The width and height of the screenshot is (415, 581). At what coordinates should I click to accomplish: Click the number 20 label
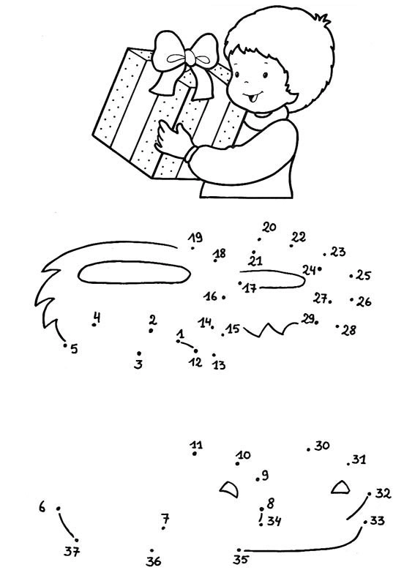click(269, 227)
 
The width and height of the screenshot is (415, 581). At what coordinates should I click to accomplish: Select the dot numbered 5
click(65, 345)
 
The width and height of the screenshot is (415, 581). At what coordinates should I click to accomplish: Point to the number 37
click(72, 551)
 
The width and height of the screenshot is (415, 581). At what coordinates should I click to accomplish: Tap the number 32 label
click(383, 493)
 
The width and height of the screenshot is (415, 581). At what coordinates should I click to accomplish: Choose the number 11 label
click(196, 444)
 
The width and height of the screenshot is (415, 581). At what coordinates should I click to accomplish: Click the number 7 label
click(165, 518)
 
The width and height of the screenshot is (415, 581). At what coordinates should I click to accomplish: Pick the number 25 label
click(363, 275)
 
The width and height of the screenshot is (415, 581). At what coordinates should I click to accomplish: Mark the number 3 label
click(138, 364)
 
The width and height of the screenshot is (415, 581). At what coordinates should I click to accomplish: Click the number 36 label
click(154, 561)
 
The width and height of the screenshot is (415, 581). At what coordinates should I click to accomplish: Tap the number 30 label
click(322, 445)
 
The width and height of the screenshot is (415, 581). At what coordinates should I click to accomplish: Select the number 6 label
click(42, 506)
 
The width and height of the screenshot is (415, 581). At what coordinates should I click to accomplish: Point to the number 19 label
click(195, 237)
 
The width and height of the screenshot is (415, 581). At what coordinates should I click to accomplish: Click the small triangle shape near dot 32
click(340, 487)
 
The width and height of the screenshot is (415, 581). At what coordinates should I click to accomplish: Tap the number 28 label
click(348, 330)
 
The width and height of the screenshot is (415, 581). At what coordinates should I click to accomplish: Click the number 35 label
click(240, 560)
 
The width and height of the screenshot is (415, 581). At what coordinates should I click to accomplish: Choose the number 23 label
click(337, 252)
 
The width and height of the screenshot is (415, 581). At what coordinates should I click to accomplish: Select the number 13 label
click(219, 365)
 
